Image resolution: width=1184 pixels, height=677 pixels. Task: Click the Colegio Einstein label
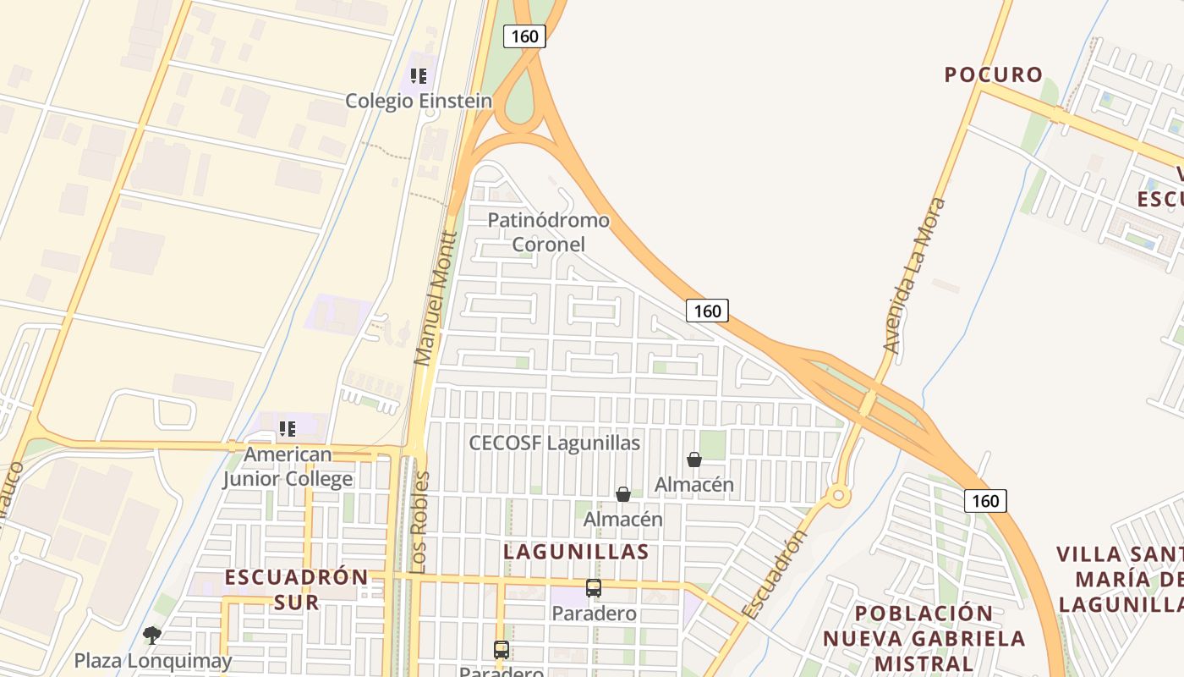(418, 102)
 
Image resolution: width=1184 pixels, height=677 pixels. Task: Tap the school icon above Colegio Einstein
(418, 76)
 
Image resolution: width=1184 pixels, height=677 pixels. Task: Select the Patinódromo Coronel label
(548, 232)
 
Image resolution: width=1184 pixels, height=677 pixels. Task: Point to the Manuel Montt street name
(436, 299)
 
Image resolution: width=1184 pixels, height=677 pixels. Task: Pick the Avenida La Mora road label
(913, 275)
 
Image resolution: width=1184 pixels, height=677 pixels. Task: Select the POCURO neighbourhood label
(994, 74)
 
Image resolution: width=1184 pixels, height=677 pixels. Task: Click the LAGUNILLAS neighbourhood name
(576, 552)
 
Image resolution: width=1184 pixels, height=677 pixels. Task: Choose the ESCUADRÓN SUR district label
(296, 590)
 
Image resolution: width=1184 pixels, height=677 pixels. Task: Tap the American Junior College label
(288, 466)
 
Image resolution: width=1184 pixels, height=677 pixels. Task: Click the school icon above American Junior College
(288, 429)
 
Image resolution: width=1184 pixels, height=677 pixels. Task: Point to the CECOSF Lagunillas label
(554, 443)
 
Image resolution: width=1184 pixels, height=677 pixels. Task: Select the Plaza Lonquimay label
(152, 660)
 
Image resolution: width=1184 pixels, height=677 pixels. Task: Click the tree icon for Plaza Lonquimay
(152, 635)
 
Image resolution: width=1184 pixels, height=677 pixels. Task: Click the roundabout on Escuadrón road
(838, 496)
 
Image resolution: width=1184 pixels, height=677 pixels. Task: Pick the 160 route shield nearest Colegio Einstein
(524, 36)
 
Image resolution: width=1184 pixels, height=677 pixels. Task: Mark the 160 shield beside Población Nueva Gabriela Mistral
(985, 501)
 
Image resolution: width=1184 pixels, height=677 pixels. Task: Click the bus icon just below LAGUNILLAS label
(594, 587)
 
